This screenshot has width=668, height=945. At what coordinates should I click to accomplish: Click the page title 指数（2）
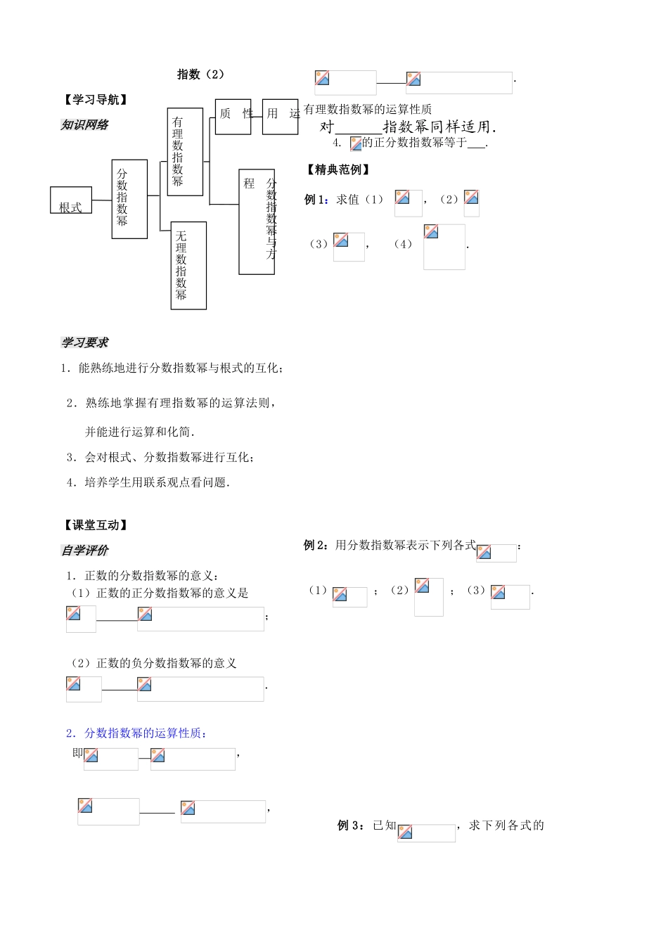(x=200, y=75)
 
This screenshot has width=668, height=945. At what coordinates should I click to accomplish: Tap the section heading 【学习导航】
(x=96, y=100)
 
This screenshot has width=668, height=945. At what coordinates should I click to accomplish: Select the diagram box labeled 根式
(x=71, y=200)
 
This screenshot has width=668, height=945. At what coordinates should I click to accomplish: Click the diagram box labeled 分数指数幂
(x=129, y=199)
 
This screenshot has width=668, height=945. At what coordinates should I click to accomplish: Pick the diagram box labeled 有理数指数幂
(x=185, y=152)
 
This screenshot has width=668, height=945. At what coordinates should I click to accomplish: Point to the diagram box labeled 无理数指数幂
(x=188, y=266)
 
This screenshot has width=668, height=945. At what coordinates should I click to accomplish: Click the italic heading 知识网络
(x=84, y=125)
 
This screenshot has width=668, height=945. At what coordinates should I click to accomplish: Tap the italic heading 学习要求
(x=84, y=343)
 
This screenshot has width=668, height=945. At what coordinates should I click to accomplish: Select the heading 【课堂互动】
(x=96, y=525)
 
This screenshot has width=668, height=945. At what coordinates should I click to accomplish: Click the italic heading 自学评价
(x=84, y=551)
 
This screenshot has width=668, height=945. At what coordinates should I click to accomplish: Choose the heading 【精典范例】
(x=338, y=169)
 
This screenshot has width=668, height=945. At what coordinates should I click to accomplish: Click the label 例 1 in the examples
(x=316, y=200)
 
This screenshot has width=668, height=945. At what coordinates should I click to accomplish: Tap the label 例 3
(x=349, y=825)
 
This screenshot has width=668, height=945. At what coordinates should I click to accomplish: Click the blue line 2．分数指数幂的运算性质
(x=136, y=733)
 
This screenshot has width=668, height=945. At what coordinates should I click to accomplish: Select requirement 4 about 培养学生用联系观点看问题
(x=148, y=482)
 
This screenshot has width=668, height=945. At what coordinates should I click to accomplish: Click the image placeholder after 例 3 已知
(x=426, y=833)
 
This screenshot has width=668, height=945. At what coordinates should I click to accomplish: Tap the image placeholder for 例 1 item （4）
(x=444, y=247)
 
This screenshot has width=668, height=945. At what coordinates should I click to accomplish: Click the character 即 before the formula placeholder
(x=77, y=753)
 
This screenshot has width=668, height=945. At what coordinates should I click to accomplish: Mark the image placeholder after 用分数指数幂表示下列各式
(x=496, y=553)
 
